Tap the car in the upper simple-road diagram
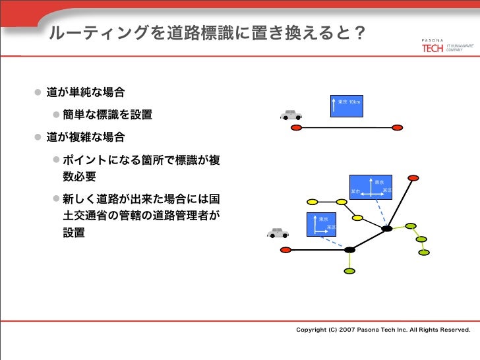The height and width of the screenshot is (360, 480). point(290,115)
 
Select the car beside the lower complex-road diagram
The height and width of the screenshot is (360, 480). point(278,233)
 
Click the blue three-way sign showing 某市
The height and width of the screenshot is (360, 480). point(371,188)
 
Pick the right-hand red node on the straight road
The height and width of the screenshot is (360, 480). point(397,127)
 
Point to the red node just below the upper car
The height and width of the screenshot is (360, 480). point(296,127)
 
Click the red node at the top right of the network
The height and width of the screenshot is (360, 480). point(413,178)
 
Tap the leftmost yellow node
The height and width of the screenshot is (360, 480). point(313,202)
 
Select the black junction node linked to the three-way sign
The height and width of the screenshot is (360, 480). point(387,229)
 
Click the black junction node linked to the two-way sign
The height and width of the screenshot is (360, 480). point(349,250)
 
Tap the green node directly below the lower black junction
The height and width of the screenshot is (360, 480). point(349,271)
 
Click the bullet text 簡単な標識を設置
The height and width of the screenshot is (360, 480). point(107,116)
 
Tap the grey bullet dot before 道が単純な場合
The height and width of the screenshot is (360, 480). point(39,91)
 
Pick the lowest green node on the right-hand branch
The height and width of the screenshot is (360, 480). point(424,253)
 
